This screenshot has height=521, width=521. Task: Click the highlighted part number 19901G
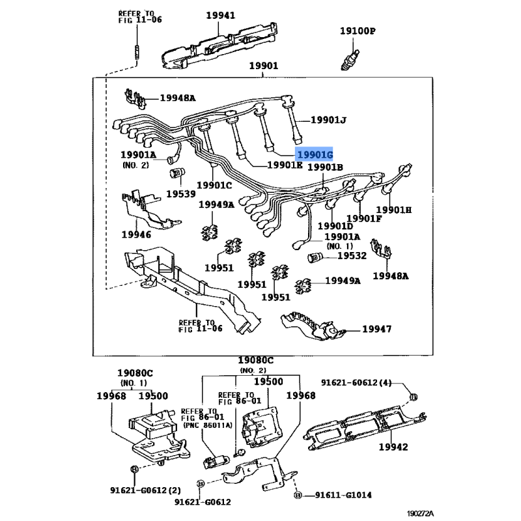pyautogui.click(x=315, y=154)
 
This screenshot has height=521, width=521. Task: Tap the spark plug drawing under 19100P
pyautogui.click(x=350, y=60)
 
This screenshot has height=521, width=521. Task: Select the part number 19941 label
pyautogui.click(x=220, y=15)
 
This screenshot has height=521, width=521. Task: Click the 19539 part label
pyautogui.click(x=181, y=193)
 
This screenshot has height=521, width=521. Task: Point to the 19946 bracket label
pyautogui.click(x=136, y=234)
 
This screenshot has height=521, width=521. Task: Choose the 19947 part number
pyautogui.click(x=377, y=329)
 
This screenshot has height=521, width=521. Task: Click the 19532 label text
pyautogui.click(x=352, y=255)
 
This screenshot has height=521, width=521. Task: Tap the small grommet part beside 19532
pyautogui.click(x=314, y=257)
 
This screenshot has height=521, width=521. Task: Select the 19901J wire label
pyautogui.click(x=328, y=120)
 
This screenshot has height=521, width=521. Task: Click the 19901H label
pyautogui.click(x=394, y=210)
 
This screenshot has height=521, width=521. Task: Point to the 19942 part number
pyautogui.click(x=393, y=447)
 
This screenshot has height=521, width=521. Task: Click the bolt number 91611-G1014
pyautogui.click(x=343, y=495)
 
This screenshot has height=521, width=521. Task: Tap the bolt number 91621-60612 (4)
pyautogui.click(x=356, y=383)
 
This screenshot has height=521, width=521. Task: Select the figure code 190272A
pyautogui.click(x=420, y=514)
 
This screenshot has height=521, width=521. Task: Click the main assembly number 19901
pyautogui.click(x=264, y=66)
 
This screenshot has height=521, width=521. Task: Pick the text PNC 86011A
pyautogui.click(x=208, y=425)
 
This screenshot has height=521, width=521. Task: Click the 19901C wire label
pyautogui.click(x=214, y=185)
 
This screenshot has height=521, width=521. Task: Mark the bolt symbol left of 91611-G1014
pyautogui.click(x=298, y=496)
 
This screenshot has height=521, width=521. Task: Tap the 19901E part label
pyautogui.click(x=285, y=165)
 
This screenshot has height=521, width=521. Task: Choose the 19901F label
pyautogui.click(x=364, y=218)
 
